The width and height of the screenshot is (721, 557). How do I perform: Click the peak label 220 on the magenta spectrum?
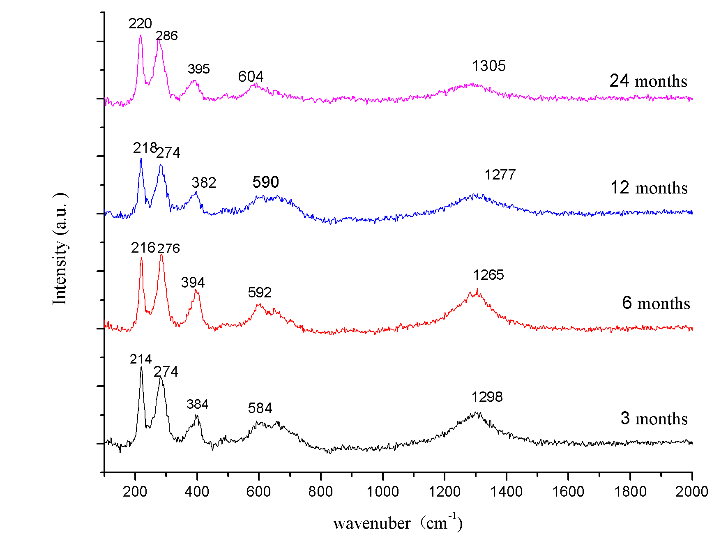pos(140,24)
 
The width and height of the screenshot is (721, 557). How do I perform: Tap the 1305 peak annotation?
pos(488,66)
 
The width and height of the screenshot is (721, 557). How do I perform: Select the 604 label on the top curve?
pos(251,77)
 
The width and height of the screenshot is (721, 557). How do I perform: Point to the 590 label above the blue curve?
pos(265,182)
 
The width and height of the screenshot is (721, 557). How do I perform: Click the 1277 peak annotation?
pos(500,175)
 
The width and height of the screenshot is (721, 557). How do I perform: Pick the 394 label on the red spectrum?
pos(193,283)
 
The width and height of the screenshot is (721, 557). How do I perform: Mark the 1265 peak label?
pos(488,275)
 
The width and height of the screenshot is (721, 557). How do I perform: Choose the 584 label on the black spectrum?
pos(260,408)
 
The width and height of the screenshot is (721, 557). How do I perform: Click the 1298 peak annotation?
pos(487,397)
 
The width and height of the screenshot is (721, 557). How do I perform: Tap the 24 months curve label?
pos(648,81)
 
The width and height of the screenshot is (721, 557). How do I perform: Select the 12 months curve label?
pos(649,188)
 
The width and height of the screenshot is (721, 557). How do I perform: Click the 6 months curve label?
pos(656,303)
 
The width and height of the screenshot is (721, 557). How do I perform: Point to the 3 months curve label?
pos(654,419)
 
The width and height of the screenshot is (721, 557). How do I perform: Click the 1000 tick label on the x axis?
pos(382,492)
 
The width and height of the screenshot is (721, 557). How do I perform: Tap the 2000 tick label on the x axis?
pos(692,492)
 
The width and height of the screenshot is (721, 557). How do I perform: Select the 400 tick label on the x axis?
pos(197,492)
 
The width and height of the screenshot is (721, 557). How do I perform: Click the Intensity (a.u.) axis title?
pos(60,249)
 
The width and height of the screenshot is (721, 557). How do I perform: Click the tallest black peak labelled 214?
pos(141,368)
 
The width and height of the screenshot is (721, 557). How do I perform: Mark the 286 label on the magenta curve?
pos(167,36)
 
